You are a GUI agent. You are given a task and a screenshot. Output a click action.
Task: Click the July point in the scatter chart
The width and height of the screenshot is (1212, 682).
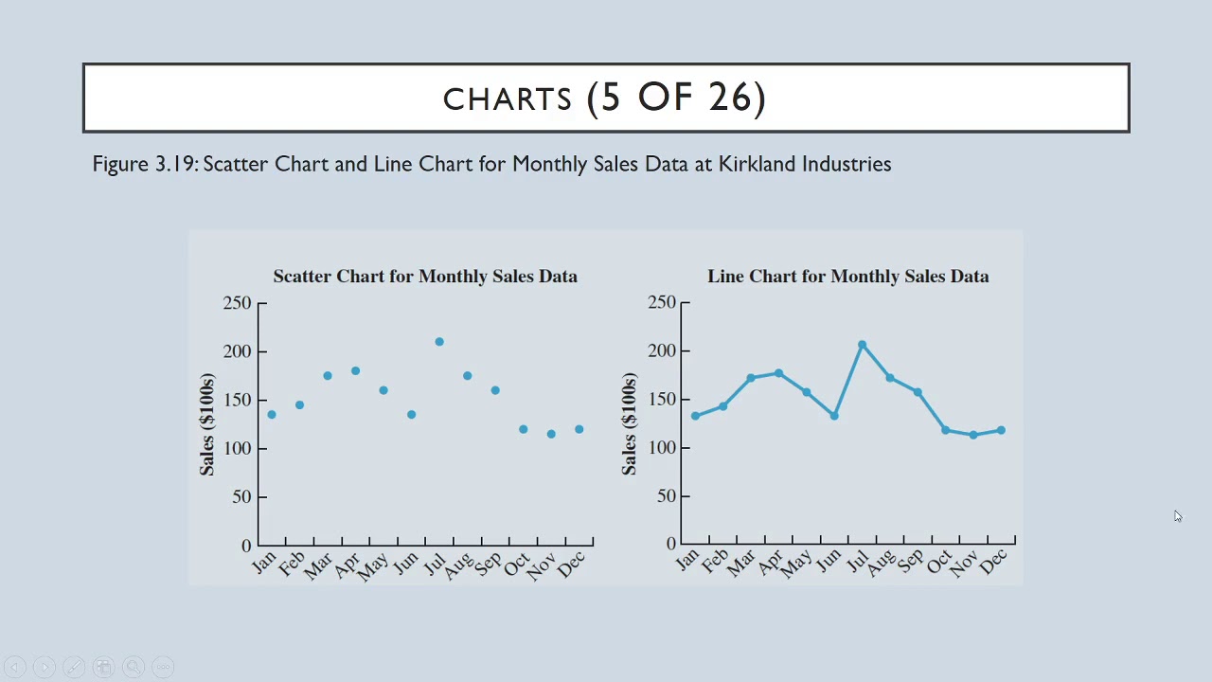[x=439, y=342]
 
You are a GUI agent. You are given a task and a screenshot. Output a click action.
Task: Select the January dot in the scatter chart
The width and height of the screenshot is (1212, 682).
[x=272, y=415]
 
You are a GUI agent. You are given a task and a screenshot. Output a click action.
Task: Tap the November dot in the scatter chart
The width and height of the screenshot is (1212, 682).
[x=551, y=434]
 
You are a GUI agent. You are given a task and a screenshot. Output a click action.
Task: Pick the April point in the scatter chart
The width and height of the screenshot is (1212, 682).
[x=355, y=371]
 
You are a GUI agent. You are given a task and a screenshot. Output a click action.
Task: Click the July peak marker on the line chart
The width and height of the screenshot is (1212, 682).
[x=862, y=345]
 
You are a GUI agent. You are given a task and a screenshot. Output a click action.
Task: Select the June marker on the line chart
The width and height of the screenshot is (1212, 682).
[x=834, y=416]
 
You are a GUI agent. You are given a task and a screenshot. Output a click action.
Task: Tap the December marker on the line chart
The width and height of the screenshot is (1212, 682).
[x=1001, y=430]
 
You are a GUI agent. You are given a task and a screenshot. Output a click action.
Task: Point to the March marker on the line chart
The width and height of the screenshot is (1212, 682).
[x=751, y=378]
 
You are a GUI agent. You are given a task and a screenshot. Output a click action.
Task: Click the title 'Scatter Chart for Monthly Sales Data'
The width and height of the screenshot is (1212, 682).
[x=425, y=277]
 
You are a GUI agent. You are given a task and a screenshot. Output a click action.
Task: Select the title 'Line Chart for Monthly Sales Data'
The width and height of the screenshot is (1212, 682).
[x=847, y=277]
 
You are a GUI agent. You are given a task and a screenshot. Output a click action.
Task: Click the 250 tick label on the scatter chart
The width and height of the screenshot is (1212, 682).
[x=238, y=303]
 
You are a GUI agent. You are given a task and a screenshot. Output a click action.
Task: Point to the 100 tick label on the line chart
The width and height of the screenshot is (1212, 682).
[x=662, y=447]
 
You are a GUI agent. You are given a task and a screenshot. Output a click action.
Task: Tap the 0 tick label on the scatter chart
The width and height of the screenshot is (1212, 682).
[x=246, y=546]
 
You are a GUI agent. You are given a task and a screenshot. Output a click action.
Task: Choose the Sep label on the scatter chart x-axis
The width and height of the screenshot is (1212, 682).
[x=489, y=564]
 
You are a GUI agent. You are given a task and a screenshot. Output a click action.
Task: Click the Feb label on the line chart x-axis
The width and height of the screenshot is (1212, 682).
[x=715, y=562]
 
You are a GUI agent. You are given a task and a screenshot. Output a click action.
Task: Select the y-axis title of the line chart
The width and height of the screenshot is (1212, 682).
[x=630, y=423]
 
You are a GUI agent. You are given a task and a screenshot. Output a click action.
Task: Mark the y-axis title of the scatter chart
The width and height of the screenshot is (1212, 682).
[x=207, y=423]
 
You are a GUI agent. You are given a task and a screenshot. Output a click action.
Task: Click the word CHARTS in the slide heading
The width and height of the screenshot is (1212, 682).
[x=508, y=99]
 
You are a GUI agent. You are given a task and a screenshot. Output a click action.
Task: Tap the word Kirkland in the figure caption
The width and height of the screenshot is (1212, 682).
[x=757, y=164]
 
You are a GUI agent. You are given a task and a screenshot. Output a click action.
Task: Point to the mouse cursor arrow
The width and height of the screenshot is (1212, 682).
[x=1177, y=515]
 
